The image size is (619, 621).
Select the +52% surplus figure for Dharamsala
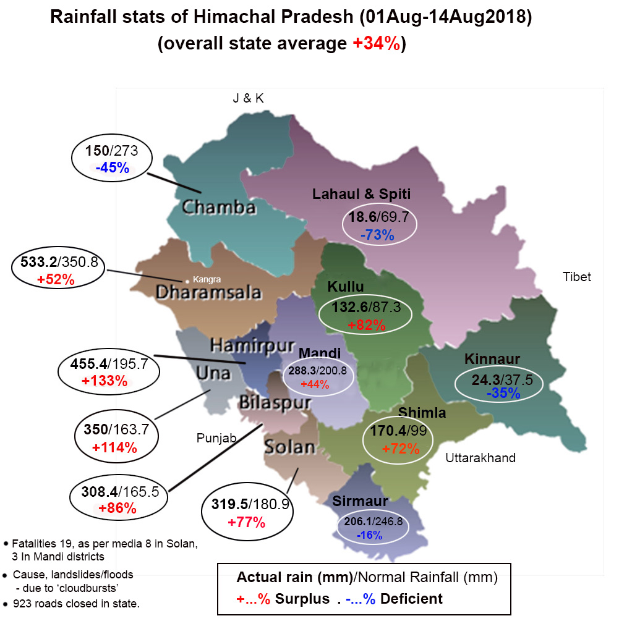[x=56, y=279]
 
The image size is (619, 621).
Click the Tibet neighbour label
[x=576, y=277]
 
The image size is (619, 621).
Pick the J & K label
[x=248, y=98]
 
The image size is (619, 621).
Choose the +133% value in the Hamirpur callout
[x=105, y=381]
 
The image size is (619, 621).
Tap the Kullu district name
[x=346, y=287]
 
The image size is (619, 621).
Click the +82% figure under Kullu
[x=367, y=324]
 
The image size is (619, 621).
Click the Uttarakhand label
[x=480, y=458]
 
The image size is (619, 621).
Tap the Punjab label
[x=216, y=439]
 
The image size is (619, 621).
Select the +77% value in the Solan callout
[x=247, y=522]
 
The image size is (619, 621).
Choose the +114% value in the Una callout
[x=114, y=447]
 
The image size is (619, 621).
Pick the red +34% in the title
[x=376, y=44]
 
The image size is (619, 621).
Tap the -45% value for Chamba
[x=111, y=167]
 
